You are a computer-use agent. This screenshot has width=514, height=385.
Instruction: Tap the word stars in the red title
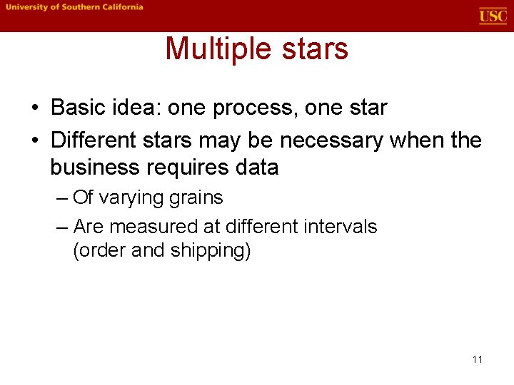pos(317,49)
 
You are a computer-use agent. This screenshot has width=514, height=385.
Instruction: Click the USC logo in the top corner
pos(493,16)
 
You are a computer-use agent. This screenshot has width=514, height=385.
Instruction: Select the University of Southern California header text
pos(74,7)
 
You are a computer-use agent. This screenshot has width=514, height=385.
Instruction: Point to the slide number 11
pos(478,359)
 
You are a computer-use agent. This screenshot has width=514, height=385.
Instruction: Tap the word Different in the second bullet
pos(95,140)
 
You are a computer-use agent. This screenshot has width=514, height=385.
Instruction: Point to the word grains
pos(197,197)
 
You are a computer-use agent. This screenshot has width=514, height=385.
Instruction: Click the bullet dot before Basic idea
pos(35,108)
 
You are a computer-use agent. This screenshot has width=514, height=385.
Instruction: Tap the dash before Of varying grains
pos(61,198)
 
